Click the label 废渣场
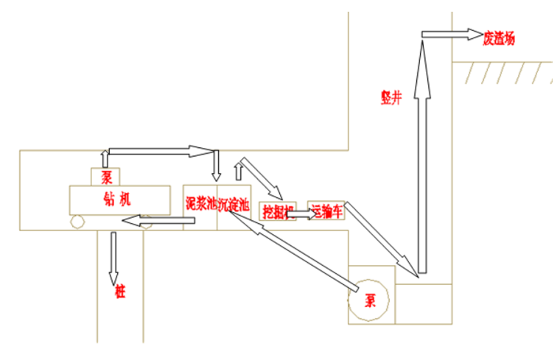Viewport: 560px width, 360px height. [x=498, y=37]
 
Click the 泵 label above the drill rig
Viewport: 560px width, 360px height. [x=106, y=177]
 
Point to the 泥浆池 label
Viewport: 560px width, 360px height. [x=200, y=203]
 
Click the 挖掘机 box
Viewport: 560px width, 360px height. [x=278, y=211]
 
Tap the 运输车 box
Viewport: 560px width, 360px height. [x=325, y=211]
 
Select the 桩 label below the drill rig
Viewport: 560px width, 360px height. [x=120, y=292]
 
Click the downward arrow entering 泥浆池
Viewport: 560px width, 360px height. [x=215, y=166]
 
